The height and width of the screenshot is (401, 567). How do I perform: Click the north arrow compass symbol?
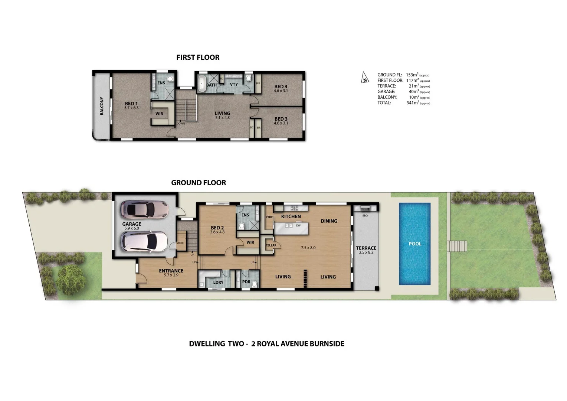coord(365,78)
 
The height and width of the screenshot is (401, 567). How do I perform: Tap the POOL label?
coord(415,244)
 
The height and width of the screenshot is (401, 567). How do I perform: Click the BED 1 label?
coord(131,104)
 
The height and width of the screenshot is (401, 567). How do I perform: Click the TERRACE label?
coord(366,248)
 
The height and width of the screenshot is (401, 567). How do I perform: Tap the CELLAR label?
coord(271,245)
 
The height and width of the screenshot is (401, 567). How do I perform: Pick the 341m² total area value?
coord(412,103)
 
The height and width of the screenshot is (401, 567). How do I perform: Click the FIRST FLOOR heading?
coord(198,58)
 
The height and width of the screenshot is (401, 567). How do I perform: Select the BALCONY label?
coord(102,106)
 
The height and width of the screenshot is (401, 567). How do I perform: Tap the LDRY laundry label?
coord(218,283)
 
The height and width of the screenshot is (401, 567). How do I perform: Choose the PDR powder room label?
coord(246,282)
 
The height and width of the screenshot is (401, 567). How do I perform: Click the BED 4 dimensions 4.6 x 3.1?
coord(281,91)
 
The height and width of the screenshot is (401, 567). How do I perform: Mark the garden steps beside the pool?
coord(457,246)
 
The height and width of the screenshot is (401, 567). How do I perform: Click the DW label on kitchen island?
coord(298,225)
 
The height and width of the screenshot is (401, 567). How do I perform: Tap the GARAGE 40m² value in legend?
coord(414,92)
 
